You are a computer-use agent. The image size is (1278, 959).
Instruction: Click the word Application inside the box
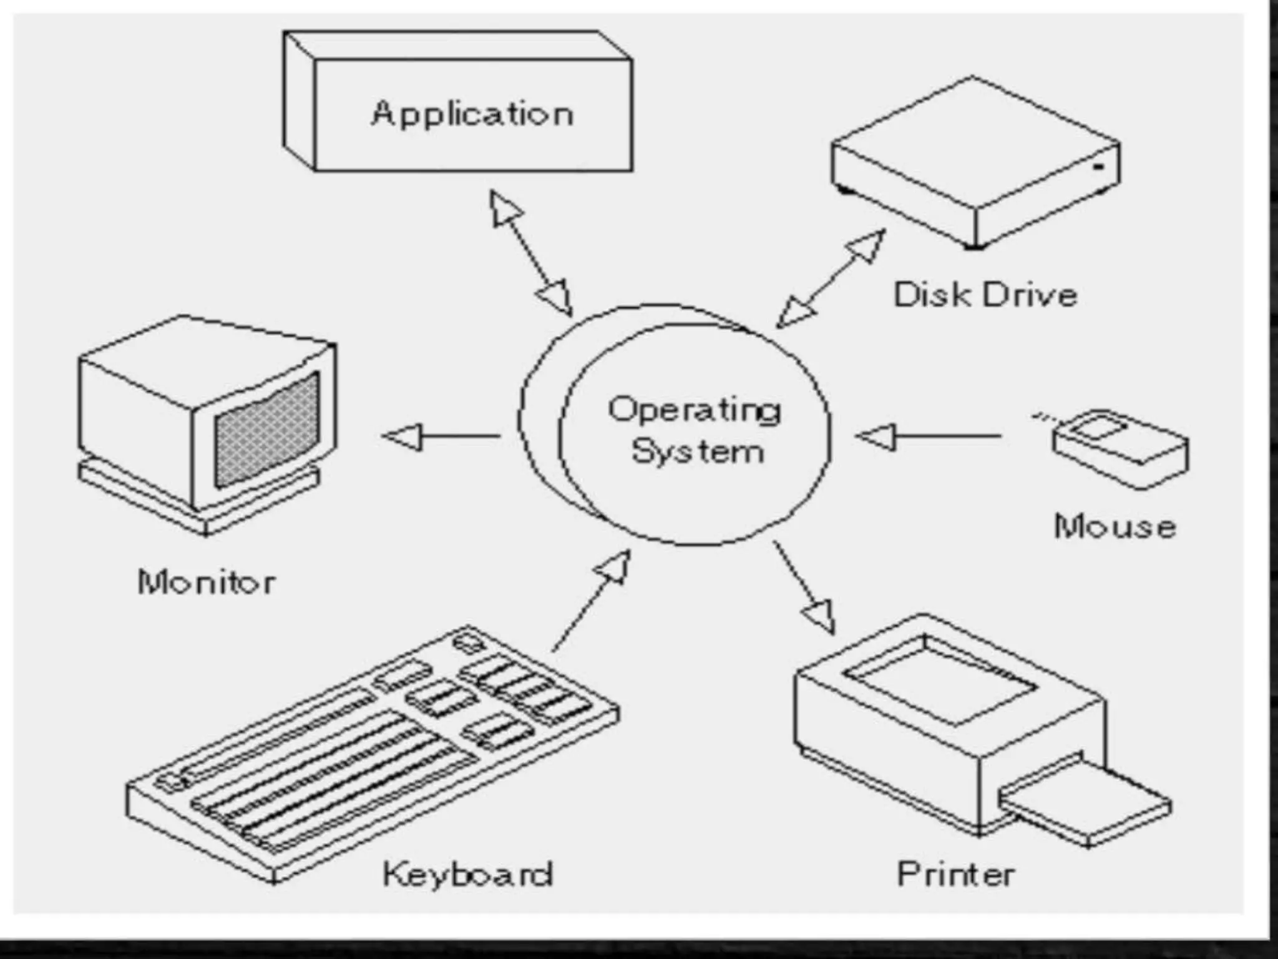(472, 114)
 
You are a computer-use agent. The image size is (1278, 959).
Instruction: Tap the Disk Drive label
(985, 295)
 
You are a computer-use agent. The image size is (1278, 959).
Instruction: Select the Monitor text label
(206, 583)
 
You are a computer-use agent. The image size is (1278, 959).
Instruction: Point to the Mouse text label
(1115, 526)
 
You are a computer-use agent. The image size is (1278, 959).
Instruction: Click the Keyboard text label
(467, 873)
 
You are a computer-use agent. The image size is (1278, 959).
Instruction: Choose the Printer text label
(955, 873)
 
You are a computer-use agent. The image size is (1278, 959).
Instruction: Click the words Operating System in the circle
(695, 430)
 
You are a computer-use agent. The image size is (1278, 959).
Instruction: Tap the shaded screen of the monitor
(267, 431)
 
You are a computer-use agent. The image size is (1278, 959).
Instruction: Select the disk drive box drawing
(975, 162)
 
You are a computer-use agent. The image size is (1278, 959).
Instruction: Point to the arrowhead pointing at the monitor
(402, 436)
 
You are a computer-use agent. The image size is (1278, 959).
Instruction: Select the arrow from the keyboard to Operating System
(590, 602)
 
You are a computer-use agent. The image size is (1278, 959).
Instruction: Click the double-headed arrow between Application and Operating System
(530, 252)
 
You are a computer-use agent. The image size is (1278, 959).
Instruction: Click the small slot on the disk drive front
(1099, 167)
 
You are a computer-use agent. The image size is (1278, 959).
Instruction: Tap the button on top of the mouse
(1098, 430)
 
